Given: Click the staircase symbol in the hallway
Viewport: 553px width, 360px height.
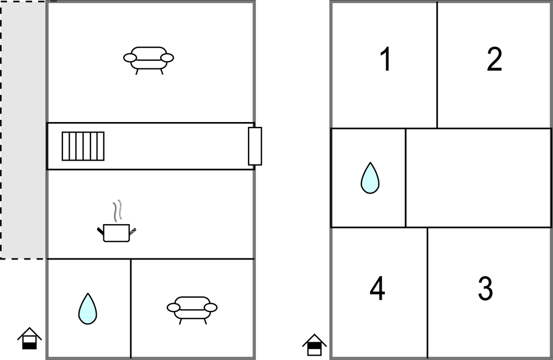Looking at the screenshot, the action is (83, 146).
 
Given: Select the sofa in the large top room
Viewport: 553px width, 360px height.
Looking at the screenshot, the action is (149, 60).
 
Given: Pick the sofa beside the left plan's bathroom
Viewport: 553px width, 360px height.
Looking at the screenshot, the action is (192, 310).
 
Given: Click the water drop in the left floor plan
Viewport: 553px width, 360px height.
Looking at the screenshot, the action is (87, 309).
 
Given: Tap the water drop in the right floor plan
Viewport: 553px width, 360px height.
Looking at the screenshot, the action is (370, 178).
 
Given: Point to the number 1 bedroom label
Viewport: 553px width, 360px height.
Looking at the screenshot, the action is (386, 59).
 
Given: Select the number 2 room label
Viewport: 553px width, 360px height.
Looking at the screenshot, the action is (494, 59).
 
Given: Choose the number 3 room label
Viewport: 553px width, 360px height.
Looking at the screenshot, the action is (485, 288).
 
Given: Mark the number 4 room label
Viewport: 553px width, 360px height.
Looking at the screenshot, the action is (377, 288).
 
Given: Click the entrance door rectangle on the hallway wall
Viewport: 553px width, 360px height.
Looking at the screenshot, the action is (255, 146).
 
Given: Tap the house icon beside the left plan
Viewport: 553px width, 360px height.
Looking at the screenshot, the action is (30, 338).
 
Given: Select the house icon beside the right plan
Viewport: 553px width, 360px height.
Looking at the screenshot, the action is (314, 345).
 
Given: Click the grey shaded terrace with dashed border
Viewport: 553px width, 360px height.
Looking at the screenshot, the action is (23, 130).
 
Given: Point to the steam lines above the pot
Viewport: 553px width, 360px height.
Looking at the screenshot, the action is (118, 211).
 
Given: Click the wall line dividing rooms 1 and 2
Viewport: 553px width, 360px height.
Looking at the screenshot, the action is (438, 65).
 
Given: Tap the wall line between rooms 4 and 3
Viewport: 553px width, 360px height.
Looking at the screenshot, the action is (428, 293).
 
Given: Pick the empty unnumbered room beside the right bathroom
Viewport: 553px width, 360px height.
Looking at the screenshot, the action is (478, 178).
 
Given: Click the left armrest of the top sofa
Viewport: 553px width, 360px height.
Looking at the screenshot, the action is (130, 58).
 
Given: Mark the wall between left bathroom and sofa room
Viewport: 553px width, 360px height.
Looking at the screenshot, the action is (131, 309).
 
